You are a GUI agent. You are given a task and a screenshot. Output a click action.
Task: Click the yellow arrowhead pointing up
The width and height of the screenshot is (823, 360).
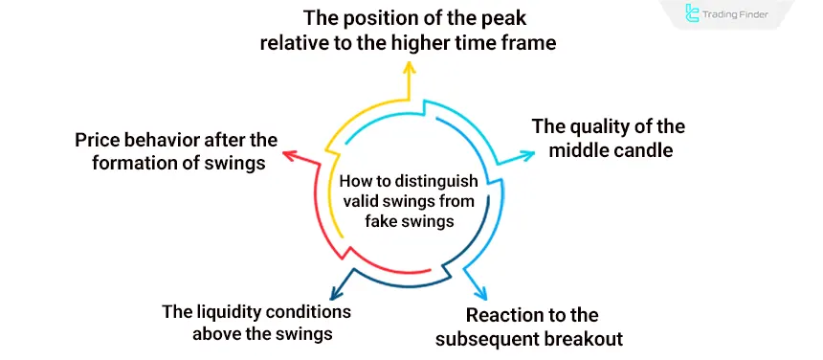410,69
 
